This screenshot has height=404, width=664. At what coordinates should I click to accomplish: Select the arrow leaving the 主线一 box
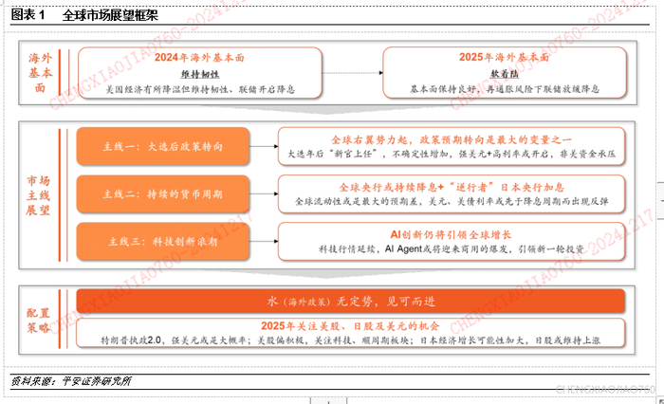(x=263, y=147)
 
